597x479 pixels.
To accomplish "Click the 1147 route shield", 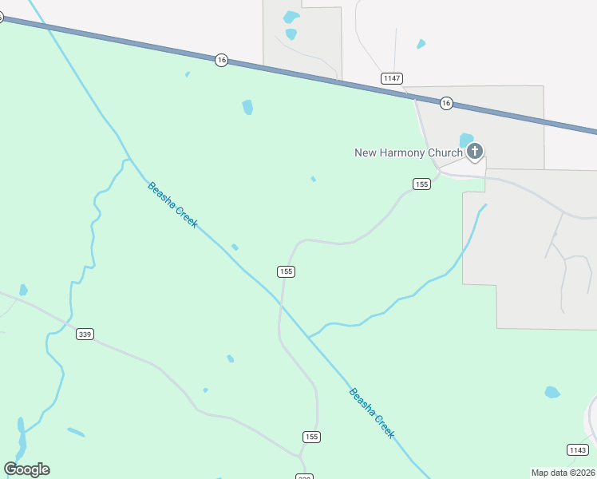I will coord(391,78).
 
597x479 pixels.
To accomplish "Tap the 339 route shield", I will coord(85,334).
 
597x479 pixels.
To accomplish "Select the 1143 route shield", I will coord(578,450).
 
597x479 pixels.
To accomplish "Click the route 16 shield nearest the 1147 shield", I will coord(446,103).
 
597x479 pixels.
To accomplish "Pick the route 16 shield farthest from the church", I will coord(222,60).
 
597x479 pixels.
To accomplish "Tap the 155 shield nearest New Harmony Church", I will coord(422,184).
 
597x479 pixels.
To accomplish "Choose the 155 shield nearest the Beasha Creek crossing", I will coord(287,271).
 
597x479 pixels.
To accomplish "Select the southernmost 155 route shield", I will coord(311,437).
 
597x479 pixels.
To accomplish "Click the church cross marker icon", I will coord(475,151).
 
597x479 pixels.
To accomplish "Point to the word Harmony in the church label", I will coord(404,153).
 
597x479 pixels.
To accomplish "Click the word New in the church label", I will coord(365,153).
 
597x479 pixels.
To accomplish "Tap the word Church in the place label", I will coord(445,153).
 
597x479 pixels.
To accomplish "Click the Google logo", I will coord(26,469).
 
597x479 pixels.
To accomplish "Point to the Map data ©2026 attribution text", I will coord(563,473).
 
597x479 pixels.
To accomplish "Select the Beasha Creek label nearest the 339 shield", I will coord(172,205).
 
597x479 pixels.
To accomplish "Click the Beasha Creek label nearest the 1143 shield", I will coord(372,412).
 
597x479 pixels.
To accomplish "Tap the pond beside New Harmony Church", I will coord(466,140).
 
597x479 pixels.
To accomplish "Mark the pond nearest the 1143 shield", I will coord(552,392).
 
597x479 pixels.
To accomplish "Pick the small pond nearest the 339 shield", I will coord(23,291).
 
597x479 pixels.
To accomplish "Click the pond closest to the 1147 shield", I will coord(421,44).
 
